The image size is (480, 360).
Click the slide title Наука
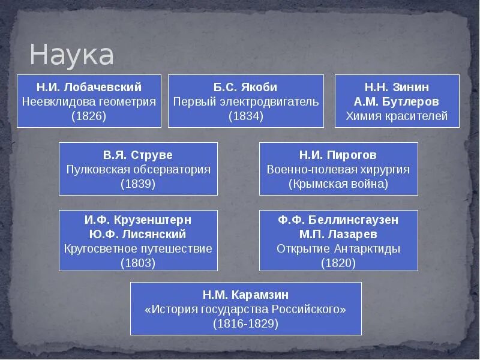click(x=71, y=55)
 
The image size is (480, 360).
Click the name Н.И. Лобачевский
click(x=89, y=87)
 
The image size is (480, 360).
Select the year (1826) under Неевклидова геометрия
click(x=89, y=116)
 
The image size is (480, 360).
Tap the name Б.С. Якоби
click(x=245, y=87)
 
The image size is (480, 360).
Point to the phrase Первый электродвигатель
click(x=245, y=101)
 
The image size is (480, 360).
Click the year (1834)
click(x=245, y=116)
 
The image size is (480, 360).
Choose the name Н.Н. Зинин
click(x=397, y=87)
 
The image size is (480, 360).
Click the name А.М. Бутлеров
click(x=397, y=101)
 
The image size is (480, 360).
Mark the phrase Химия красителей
click(x=397, y=116)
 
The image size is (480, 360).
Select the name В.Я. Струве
click(x=138, y=155)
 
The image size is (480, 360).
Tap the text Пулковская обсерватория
click(x=138, y=169)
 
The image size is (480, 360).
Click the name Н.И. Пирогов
click(x=338, y=155)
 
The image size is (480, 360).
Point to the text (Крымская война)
click(x=338, y=184)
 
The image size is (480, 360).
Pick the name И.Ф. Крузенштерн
click(x=138, y=220)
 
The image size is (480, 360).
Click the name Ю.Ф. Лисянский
click(x=138, y=234)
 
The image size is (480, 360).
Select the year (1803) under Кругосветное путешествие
click(x=138, y=263)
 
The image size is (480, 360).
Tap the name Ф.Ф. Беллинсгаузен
click(x=338, y=220)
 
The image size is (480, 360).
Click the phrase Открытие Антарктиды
click(x=338, y=248)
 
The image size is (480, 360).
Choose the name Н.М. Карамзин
click(x=245, y=295)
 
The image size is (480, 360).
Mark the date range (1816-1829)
click(x=245, y=323)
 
